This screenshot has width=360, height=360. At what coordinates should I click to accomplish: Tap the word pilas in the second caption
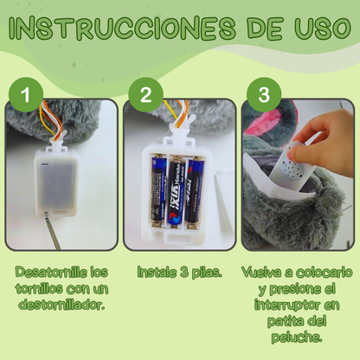[203, 272]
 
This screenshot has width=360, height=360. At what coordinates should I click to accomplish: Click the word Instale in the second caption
[159, 272]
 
